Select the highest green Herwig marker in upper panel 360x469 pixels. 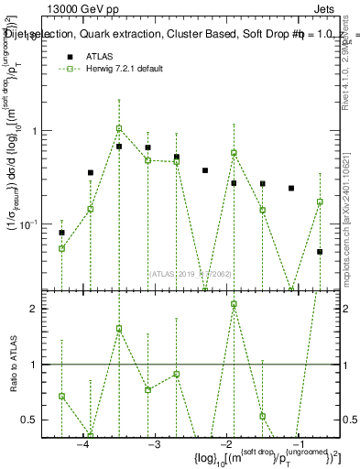[x=119, y=128]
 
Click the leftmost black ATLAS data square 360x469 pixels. [x=61, y=233]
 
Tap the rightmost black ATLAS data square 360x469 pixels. [x=320, y=251]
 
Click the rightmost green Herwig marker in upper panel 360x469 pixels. [x=320, y=202]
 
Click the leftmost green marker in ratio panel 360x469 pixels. [x=61, y=396]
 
